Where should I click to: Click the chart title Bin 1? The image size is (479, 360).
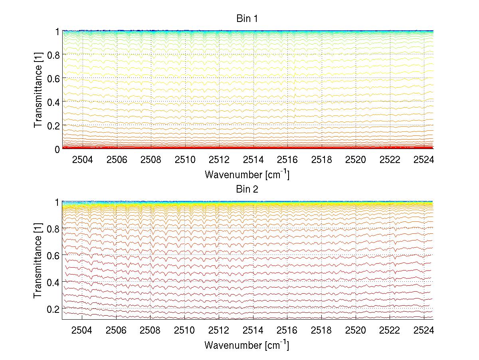click(x=247, y=18)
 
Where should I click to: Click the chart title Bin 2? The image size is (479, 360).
click(x=247, y=189)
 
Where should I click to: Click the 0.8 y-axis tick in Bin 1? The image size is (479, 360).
click(x=53, y=54)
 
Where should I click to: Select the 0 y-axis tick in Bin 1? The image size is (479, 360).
click(x=57, y=149)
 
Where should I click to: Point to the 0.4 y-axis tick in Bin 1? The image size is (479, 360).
click(x=53, y=102)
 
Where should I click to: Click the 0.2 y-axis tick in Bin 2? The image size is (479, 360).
click(x=53, y=309)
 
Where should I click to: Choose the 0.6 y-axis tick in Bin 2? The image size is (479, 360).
click(x=53, y=255)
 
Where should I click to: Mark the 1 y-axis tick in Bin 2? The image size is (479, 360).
click(x=57, y=202)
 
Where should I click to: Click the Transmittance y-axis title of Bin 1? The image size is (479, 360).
click(x=38, y=90)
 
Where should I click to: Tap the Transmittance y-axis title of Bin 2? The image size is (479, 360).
click(x=38, y=261)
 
